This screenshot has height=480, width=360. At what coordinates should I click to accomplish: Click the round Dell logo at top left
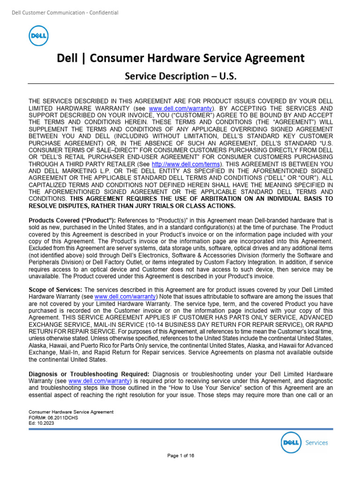(38, 36)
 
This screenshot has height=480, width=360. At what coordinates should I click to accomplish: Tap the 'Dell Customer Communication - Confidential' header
(65, 13)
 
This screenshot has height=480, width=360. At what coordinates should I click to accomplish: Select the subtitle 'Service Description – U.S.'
(180, 75)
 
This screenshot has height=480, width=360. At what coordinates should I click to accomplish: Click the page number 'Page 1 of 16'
(180, 455)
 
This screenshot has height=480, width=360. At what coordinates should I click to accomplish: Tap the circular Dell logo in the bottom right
(291, 442)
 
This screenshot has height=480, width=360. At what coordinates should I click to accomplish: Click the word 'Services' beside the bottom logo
(316, 442)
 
